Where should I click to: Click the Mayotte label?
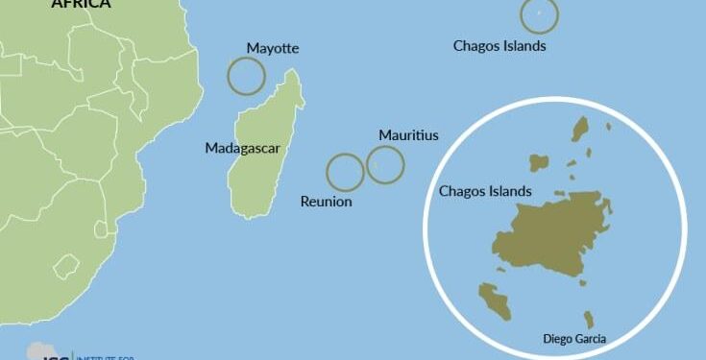click(x=273, y=48)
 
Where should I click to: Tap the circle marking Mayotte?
click(x=246, y=76)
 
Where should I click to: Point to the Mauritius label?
click(x=408, y=135)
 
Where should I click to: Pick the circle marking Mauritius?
click(x=385, y=165)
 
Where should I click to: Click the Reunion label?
click(x=326, y=202)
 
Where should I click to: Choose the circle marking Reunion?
click(x=345, y=173)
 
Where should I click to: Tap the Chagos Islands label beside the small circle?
click(x=499, y=45)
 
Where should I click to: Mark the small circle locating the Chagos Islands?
click(x=539, y=14)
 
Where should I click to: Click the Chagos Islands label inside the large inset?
click(x=485, y=191)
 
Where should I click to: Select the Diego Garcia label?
click(x=574, y=338)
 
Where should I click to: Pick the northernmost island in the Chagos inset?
click(x=580, y=130)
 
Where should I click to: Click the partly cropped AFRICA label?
click(x=81, y=4)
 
